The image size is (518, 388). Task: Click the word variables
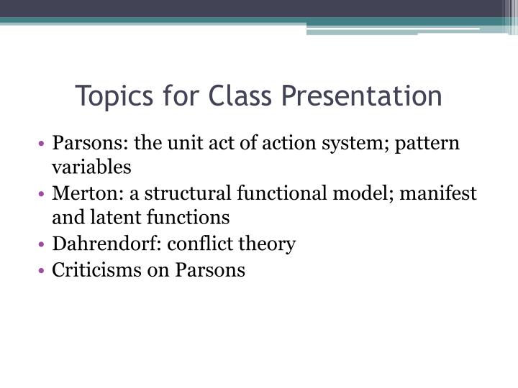click(x=91, y=167)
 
